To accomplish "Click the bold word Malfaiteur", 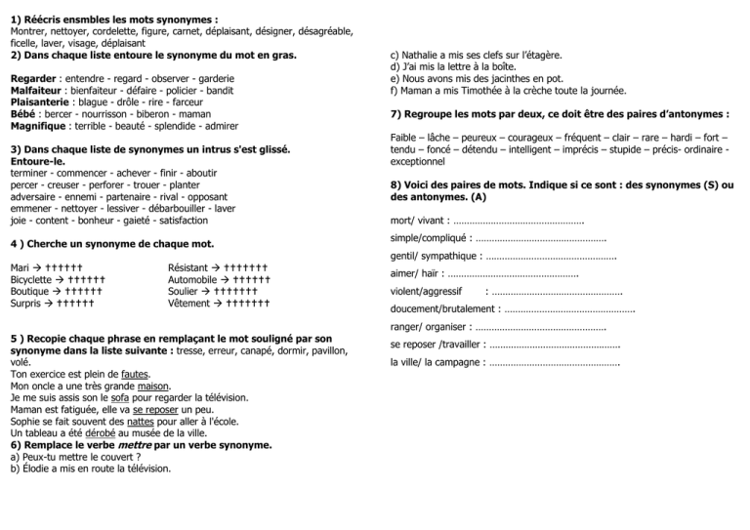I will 35,89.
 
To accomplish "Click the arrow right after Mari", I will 38,265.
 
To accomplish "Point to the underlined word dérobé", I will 100,433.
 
